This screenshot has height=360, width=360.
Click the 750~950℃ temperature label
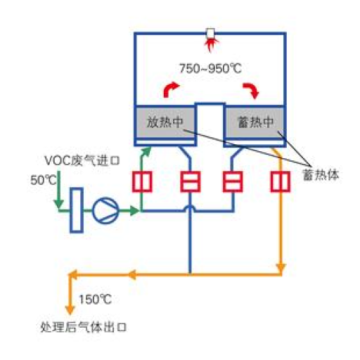(210, 69)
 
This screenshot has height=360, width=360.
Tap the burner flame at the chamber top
(211, 46)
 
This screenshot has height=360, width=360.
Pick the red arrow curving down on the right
(251, 91)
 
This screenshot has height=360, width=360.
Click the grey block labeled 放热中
(165, 122)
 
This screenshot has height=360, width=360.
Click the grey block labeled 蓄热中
(255, 122)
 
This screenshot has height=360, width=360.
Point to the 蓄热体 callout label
(321, 175)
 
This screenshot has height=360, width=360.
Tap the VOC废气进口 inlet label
(82, 161)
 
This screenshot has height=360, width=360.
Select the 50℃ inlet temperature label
(44, 180)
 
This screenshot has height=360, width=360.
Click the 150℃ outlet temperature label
(95, 300)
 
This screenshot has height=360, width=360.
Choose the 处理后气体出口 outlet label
(84, 327)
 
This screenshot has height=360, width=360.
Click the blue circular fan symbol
(105, 211)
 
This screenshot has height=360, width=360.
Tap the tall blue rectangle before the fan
(77, 210)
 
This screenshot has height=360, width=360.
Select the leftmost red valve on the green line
(142, 181)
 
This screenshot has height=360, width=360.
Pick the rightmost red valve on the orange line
(281, 181)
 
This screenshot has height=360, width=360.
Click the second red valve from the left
(191, 181)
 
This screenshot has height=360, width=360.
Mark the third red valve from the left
(233, 181)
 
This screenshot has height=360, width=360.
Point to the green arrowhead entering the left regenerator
(147, 151)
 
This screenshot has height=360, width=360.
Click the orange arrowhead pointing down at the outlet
(70, 309)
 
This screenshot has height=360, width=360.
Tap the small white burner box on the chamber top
(210, 33)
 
